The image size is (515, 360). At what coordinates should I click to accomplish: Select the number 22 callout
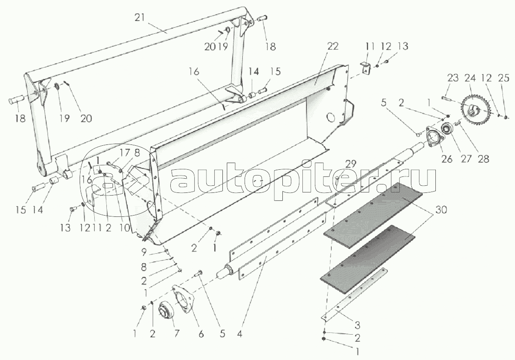(332, 46)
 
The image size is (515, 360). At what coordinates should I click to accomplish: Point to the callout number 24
(470, 78)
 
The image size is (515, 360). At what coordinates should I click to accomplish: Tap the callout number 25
(504, 78)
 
